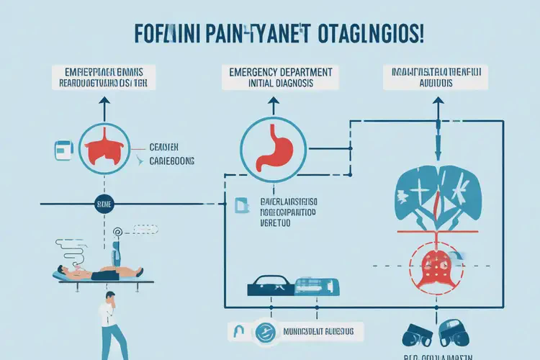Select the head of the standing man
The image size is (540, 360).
point(110,297)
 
